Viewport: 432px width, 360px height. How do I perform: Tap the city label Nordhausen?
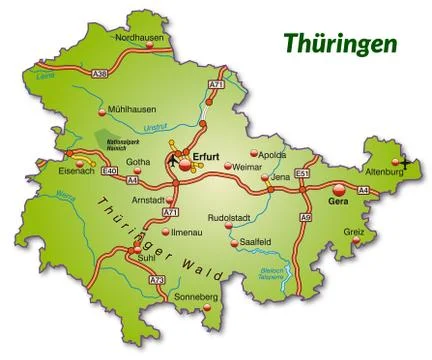click(x=140, y=37)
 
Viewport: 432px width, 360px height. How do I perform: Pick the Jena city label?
click(x=280, y=176)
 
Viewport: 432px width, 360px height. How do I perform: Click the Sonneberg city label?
click(x=195, y=298)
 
